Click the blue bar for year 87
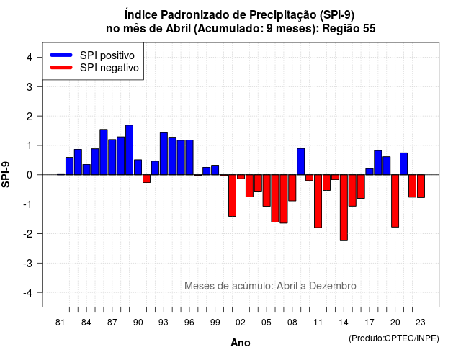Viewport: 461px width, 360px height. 112,157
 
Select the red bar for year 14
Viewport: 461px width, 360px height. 344,208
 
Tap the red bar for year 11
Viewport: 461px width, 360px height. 318,201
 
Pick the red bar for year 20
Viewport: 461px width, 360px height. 395,201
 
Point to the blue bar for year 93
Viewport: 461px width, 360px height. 164,153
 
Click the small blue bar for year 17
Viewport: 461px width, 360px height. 370,172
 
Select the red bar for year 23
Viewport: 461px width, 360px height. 421,186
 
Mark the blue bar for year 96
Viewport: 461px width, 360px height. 189,158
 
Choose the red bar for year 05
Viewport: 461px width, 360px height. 267,190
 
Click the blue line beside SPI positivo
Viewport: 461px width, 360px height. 61,55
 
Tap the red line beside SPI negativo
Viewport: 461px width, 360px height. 61,68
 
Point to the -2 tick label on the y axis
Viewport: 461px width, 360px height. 29,234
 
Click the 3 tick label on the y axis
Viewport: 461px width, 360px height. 30,87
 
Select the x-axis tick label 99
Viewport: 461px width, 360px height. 215,323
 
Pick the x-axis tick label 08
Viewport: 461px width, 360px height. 292,323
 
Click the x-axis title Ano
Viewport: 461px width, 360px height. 241,343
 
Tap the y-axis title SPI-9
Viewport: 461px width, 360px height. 6,174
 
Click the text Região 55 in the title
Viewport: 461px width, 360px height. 349,29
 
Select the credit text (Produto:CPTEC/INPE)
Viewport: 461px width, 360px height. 394,338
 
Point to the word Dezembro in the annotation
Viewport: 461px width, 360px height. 333,286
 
